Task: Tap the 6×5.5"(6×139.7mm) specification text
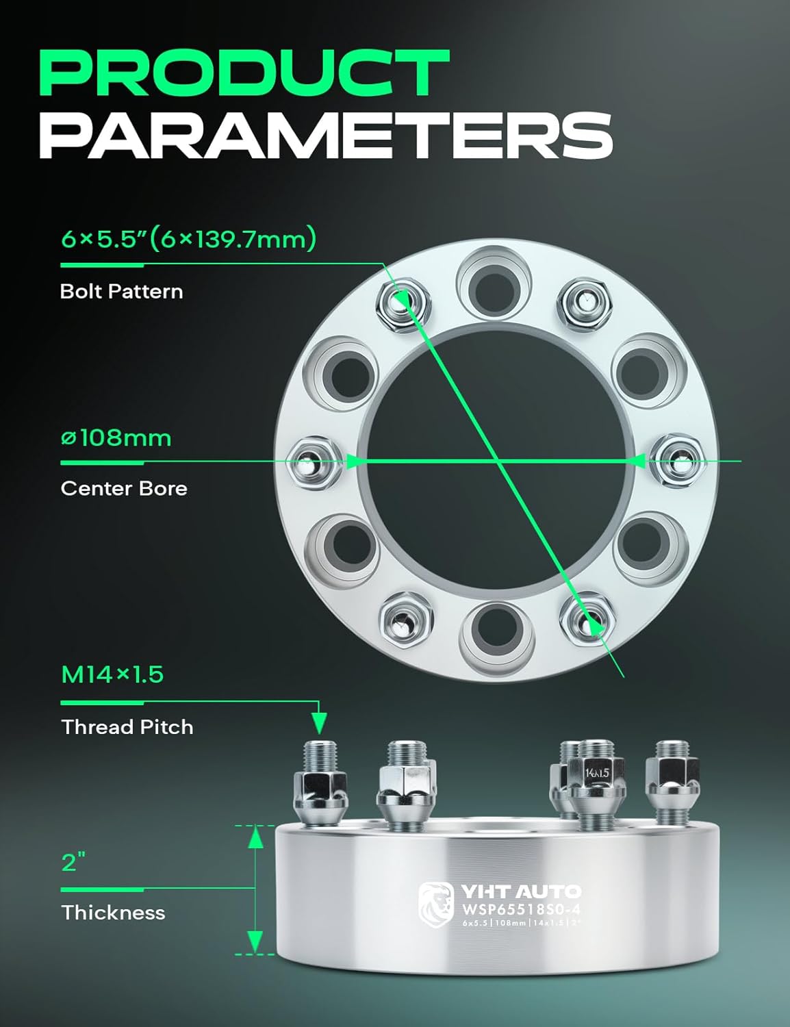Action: pyautogui.click(x=188, y=239)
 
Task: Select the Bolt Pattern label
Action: pyautogui.click(x=121, y=292)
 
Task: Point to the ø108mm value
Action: pyautogui.click(x=116, y=438)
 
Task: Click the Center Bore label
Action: pyautogui.click(x=124, y=488)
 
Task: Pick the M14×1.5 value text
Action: pyautogui.click(x=112, y=675)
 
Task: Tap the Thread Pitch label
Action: pyautogui.click(x=127, y=726)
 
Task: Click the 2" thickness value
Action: pyautogui.click(x=69, y=862)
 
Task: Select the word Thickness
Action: pyautogui.click(x=113, y=913)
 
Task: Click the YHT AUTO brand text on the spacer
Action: pyautogui.click(x=521, y=891)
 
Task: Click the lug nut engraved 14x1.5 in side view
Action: pyautogui.click(x=597, y=777)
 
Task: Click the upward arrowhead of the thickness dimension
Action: pyautogui.click(x=255, y=837)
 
